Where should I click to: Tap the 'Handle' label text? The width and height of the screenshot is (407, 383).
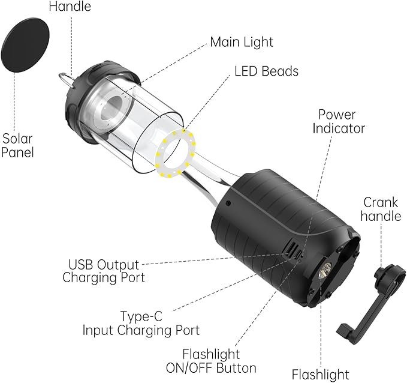(70, 7)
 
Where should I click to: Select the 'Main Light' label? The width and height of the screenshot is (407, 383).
(241, 42)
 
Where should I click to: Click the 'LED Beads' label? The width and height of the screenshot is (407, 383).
(266, 71)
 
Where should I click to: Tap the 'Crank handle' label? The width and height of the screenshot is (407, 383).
(381, 208)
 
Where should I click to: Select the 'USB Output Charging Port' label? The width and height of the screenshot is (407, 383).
(103, 271)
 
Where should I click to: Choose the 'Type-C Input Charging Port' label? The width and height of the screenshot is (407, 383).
(141, 323)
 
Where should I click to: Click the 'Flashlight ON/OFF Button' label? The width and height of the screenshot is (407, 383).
(219, 361)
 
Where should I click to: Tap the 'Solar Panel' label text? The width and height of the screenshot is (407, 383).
(17, 145)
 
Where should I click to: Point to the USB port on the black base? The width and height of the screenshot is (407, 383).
(291, 247)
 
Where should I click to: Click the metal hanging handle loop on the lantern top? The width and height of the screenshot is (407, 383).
(66, 80)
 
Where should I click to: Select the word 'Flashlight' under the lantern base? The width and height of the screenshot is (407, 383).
(319, 375)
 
